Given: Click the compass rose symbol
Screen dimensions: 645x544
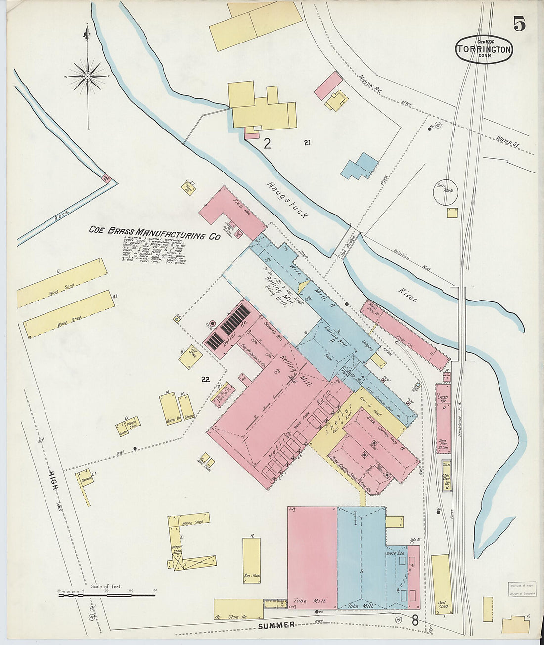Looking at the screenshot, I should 88,77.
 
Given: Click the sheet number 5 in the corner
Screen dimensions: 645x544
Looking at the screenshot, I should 519,23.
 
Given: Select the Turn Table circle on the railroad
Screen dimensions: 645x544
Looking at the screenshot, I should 445,193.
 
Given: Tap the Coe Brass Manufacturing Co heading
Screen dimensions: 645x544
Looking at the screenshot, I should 154,233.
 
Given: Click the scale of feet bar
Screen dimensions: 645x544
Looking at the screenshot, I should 106,595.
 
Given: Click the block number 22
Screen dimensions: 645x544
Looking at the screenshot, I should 205,380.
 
